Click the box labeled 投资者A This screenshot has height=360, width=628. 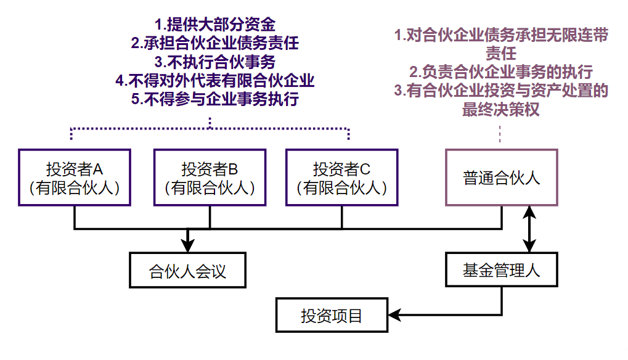click(x=75, y=177)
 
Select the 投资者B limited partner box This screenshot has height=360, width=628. click(x=210, y=177)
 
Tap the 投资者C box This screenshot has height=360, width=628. click(x=342, y=177)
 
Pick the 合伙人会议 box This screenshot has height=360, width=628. click(x=188, y=270)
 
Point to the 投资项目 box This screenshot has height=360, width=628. click(x=332, y=316)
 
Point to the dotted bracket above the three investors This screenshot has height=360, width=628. click(x=210, y=130)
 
